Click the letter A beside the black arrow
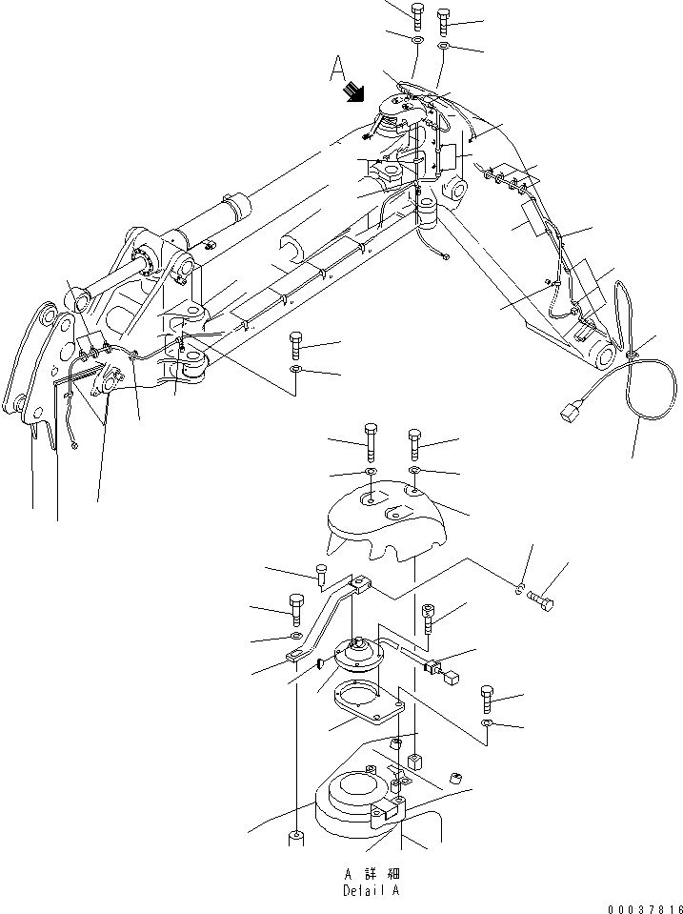click(x=335, y=68)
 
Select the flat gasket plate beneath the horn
click(x=369, y=709)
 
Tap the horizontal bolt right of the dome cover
click(x=539, y=603)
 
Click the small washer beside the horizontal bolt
click(x=519, y=591)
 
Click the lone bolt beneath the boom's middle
click(x=296, y=343)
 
